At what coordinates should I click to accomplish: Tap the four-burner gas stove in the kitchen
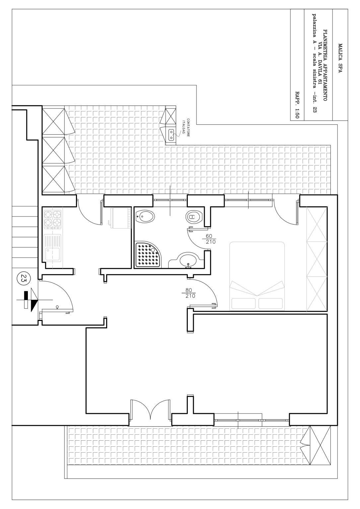click(x=53, y=220)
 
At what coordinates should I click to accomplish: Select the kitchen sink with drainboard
click(x=52, y=248)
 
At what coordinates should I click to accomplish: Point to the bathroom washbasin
click(x=188, y=260)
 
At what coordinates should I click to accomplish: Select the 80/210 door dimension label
click(x=189, y=293)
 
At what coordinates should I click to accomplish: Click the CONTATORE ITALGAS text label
click(x=186, y=127)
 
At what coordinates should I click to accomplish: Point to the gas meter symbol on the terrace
click(x=172, y=135)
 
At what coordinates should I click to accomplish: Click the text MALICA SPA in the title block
click(x=340, y=58)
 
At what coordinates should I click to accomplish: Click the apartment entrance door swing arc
click(x=66, y=288)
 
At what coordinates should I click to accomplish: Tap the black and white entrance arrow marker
click(x=31, y=300)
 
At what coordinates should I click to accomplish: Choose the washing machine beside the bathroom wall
click(x=120, y=218)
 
